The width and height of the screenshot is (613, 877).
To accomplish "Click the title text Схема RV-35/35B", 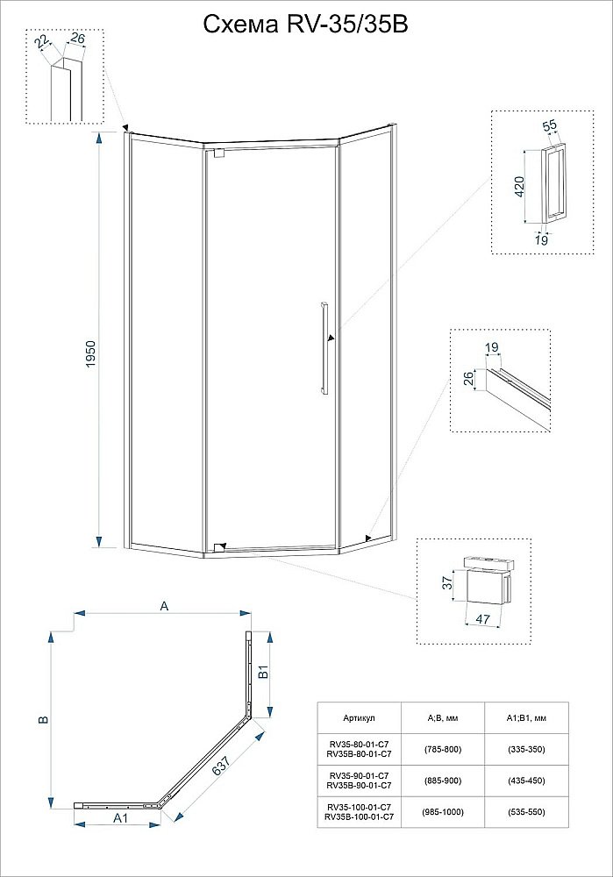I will [305, 25].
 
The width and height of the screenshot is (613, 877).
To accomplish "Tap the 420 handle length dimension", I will [519, 185].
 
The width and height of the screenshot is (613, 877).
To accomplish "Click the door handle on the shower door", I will [324, 348].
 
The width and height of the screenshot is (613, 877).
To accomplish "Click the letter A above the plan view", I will [163, 604].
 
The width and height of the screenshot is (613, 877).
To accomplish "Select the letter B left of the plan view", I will [41, 719].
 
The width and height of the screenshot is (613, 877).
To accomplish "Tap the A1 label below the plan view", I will [121, 818].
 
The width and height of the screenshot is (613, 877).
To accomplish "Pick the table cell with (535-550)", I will [526, 812].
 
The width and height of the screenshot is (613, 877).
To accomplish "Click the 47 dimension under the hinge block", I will [482, 618].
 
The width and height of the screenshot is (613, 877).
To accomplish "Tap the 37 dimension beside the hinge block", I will [446, 582].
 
